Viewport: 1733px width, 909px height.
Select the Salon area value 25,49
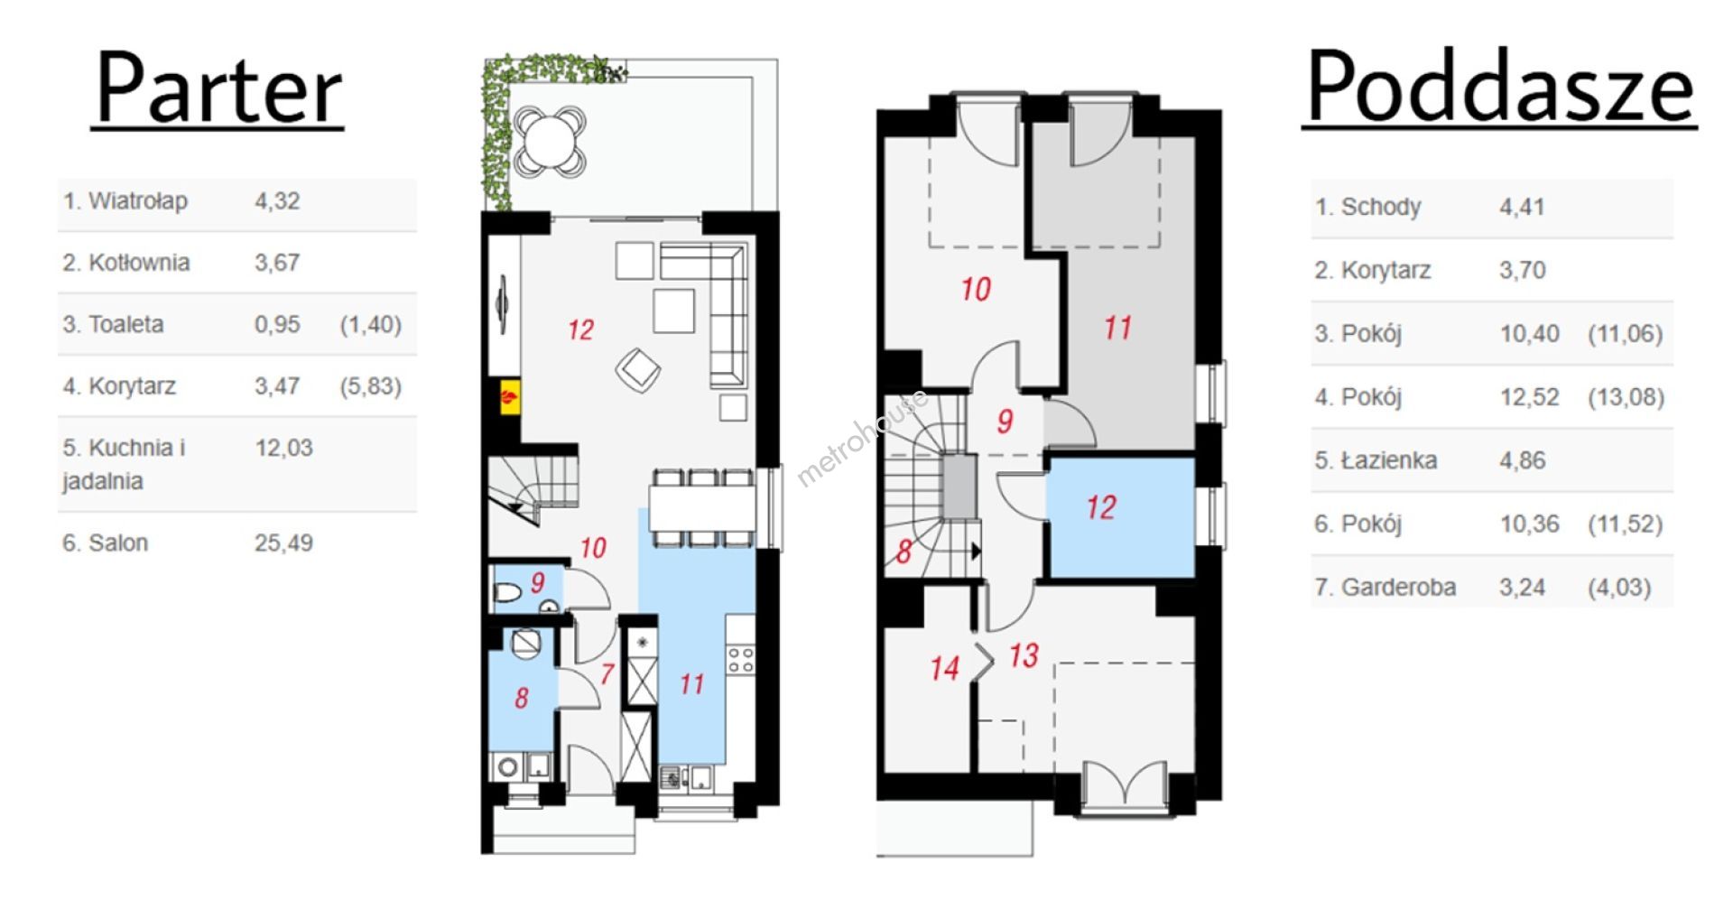283,543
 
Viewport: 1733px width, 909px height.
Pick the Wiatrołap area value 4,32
276,201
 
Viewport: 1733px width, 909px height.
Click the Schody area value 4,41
1522,207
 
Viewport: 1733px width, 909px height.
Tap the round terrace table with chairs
549,141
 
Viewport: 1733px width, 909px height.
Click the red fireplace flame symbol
510,396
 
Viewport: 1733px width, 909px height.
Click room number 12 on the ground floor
580,330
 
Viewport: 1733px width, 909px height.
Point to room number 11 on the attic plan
1117,328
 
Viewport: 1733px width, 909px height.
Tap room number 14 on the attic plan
944,668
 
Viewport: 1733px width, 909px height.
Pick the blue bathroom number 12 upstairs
1100,507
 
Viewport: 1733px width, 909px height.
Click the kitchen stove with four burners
741,659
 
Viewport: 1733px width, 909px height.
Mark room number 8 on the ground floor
522,698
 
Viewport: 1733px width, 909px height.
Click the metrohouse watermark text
861,439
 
